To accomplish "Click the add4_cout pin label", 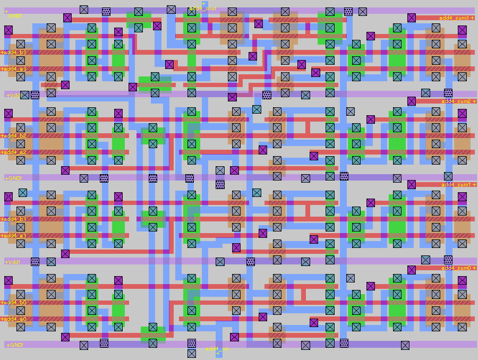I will click(203, 8).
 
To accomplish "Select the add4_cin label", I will click(217, 349).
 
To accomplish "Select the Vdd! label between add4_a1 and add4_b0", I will click(13, 262).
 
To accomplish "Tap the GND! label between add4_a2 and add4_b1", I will click(13, 178).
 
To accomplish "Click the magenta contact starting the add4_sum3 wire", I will click(412, 18).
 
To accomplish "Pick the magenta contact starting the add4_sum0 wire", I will click(412, 270).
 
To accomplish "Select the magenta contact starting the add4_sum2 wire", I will click(412, 101).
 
